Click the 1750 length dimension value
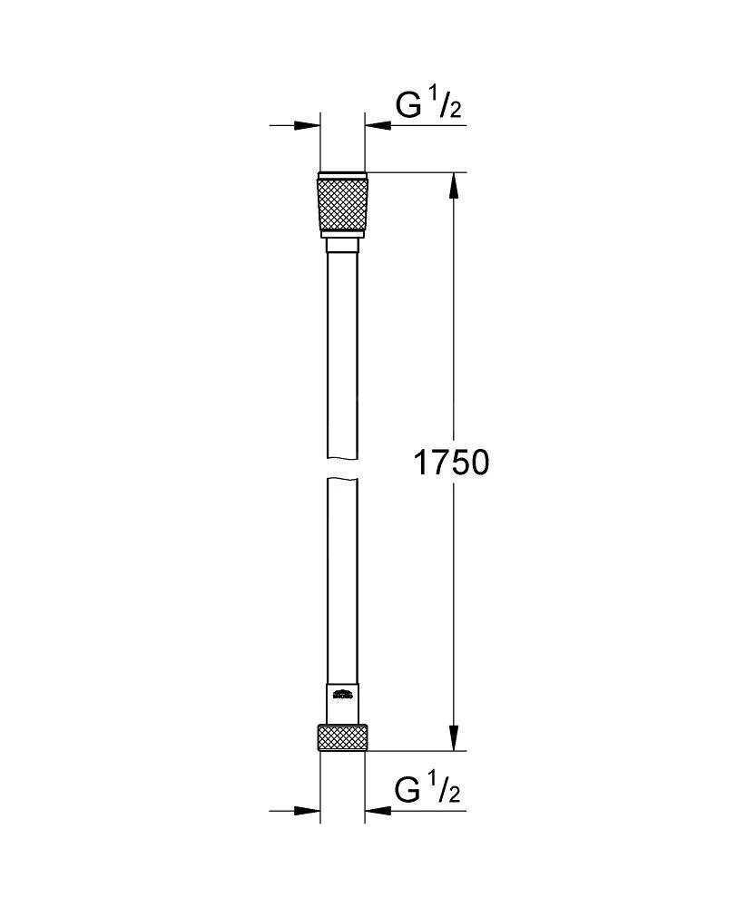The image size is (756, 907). (x=451, y=463)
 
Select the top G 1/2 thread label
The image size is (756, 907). (x=428, y=107)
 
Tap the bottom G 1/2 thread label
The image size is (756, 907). (x=428, y=792)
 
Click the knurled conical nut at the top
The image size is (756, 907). (x=342, y=205)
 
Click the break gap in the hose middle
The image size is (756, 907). (x=342, y=467)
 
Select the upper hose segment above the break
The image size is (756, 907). (x=342, y=354)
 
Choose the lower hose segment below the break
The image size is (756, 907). (x=342, y=580)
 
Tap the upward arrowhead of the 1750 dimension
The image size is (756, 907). (x=454, y=185)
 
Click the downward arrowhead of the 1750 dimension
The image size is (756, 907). (x=454, y=738)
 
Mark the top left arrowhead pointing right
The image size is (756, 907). (x=309, y=125)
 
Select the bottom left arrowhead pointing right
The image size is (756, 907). (x=309, y=810)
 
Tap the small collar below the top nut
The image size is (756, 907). (x=342, y=248)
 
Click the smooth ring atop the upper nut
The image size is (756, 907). (x=342, y=173)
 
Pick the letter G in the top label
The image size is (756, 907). (x=407, y=107)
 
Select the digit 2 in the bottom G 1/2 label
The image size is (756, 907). (x=454, y=797)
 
